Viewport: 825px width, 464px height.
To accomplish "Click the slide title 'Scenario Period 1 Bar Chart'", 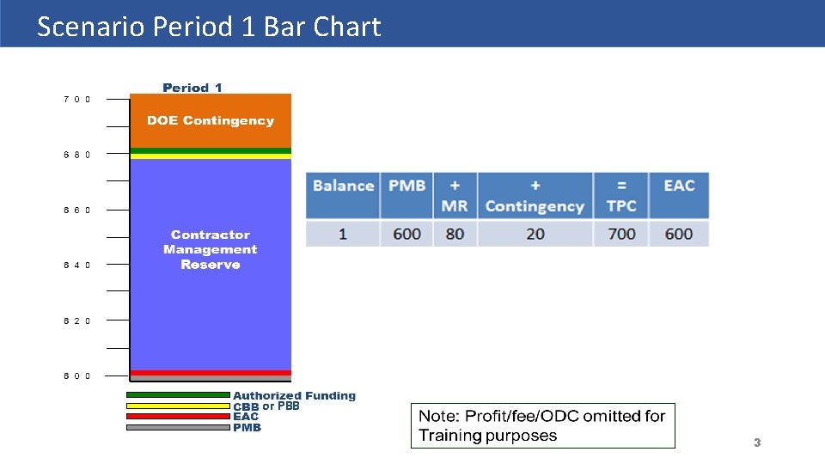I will [x=209, y=27].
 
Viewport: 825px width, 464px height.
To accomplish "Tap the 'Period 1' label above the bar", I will [x=192, y=88].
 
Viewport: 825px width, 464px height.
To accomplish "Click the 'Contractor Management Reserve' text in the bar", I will [x=210, y=249].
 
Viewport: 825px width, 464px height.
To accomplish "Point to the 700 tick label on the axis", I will [x=76, y=99].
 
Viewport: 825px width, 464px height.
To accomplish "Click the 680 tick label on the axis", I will [x=76, y=155].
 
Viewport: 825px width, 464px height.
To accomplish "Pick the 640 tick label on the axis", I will [x=76, y=265].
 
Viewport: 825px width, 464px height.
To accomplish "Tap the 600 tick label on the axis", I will [x=76, y=375].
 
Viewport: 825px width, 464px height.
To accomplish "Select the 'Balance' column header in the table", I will [x=343, y=186].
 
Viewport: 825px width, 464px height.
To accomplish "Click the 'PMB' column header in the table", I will [x=406, y=186].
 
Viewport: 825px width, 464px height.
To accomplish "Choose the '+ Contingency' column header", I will [x=535, y=195].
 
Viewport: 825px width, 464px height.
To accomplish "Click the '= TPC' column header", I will [x=621, y=195].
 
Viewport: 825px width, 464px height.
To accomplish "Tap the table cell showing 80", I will [x=455, y=234].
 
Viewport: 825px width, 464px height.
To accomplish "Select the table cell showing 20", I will [x=535, y=234].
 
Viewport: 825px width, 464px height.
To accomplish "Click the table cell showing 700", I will [x=621, y=234].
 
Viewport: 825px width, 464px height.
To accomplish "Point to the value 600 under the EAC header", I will [x=679, y=234].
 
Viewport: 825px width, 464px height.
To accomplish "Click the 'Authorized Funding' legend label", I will [x=294, y=396].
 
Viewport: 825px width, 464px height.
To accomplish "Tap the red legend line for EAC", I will [x=178, y=417].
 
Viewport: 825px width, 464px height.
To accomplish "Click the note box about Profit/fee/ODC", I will [x=542, y=425].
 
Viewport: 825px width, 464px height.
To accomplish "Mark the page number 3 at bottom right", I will [x=757, y=443].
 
